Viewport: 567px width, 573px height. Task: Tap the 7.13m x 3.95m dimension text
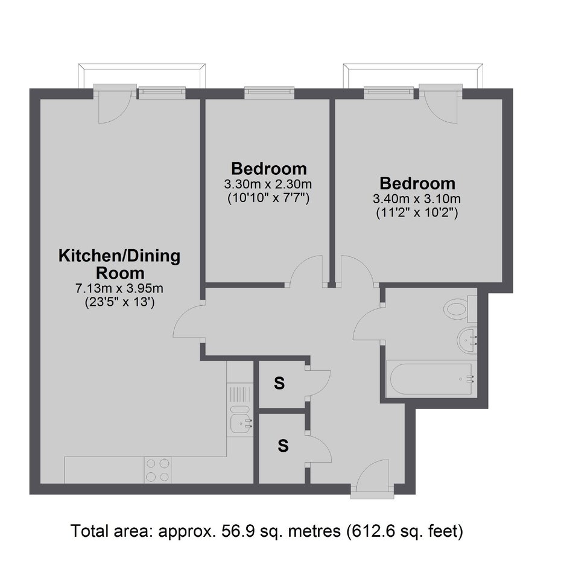(x=119, y=289)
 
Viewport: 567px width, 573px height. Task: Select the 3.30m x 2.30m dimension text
(x=268, y=184)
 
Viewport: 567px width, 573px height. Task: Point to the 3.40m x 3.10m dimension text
(x=417, y=199)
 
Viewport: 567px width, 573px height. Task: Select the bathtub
(x=431, y=379)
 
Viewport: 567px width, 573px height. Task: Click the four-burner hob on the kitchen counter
(x=157, y=470)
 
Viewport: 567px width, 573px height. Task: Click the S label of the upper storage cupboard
(x=279, y=384)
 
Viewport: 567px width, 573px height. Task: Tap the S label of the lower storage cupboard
(x=283, y=446)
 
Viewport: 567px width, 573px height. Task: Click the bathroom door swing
(x=367, y=324)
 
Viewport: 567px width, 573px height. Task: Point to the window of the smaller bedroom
(x=270, y=92)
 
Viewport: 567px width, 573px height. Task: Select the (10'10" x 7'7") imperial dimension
(x=268, y=198)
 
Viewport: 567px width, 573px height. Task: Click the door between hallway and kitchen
(x=187, y=321)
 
